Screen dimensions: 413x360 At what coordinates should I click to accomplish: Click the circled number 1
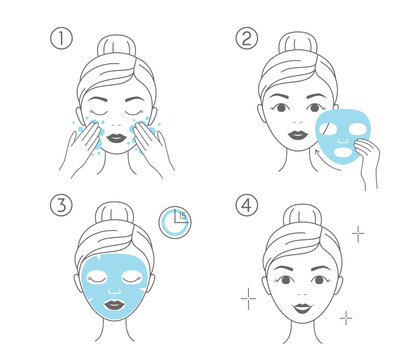61,38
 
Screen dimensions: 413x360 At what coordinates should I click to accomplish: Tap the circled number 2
247,38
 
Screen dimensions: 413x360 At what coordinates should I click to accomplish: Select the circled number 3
61,205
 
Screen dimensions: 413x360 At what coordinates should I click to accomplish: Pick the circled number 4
247,205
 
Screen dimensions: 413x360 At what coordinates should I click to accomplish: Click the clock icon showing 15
175,223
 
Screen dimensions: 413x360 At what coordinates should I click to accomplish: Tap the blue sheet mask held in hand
343,133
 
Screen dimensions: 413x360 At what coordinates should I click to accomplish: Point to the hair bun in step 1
117,45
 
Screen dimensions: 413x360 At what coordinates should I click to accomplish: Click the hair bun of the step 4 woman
303,215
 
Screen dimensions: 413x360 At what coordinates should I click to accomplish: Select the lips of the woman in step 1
117,138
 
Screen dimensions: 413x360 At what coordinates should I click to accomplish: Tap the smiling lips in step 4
303,308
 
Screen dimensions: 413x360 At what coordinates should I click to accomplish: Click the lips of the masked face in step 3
114,305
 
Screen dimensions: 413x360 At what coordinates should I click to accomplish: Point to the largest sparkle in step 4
248,298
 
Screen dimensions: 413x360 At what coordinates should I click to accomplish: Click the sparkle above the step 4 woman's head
358,234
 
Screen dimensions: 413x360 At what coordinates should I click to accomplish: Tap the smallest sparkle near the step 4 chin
346,318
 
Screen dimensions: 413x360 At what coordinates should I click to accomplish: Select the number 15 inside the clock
183,216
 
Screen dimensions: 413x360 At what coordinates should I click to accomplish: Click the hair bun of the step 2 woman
298,43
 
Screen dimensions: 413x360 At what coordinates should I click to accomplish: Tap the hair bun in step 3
114,213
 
